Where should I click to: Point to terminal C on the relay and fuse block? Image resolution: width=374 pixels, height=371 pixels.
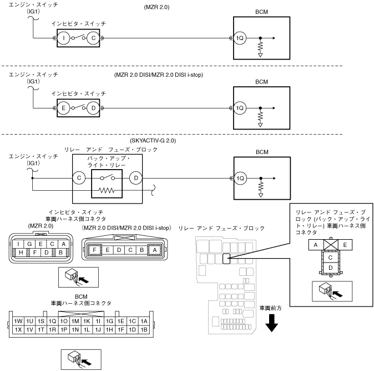click(80, 178)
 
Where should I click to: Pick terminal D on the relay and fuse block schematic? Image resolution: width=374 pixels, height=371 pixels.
click(134, 178)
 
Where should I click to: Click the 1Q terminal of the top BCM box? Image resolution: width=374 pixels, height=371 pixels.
click(240, 38)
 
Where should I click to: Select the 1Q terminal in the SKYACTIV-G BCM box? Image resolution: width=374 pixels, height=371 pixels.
click(240, 178)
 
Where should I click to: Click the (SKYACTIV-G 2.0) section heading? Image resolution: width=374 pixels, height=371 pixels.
click(153, 141)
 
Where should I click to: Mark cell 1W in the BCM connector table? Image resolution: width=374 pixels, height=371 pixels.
click(18, 321)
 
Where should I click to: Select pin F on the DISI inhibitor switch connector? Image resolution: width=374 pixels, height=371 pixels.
click(96, 250)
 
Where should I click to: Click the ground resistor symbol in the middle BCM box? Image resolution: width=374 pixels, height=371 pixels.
click(260, 118)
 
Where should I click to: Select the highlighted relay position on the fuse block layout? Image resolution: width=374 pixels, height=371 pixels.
click(226, 258)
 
